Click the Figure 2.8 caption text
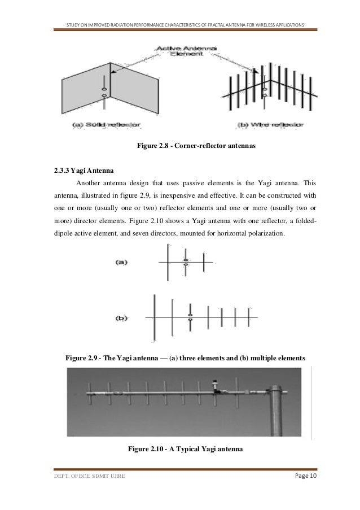click(196, 146)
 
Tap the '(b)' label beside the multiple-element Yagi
click(122, 318)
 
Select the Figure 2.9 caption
click(186, 358)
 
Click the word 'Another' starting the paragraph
click(90, 183)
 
